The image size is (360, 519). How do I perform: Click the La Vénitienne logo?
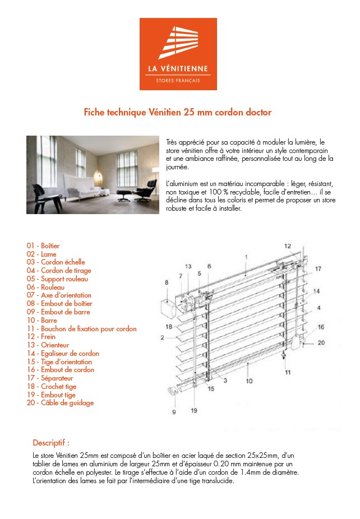[x=178, y=53]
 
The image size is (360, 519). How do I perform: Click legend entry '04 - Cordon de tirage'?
[x=58, y=271]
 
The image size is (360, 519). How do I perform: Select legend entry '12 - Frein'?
[x=41, y=337]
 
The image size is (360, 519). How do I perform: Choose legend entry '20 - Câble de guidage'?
[x=60, y=403]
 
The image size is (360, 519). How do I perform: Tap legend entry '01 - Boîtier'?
[x=43, y=246]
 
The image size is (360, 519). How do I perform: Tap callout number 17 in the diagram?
[x=318, y=269]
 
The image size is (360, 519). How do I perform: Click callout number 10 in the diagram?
[x=249, y=381]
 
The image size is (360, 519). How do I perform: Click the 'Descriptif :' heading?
[x=51, y=443]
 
